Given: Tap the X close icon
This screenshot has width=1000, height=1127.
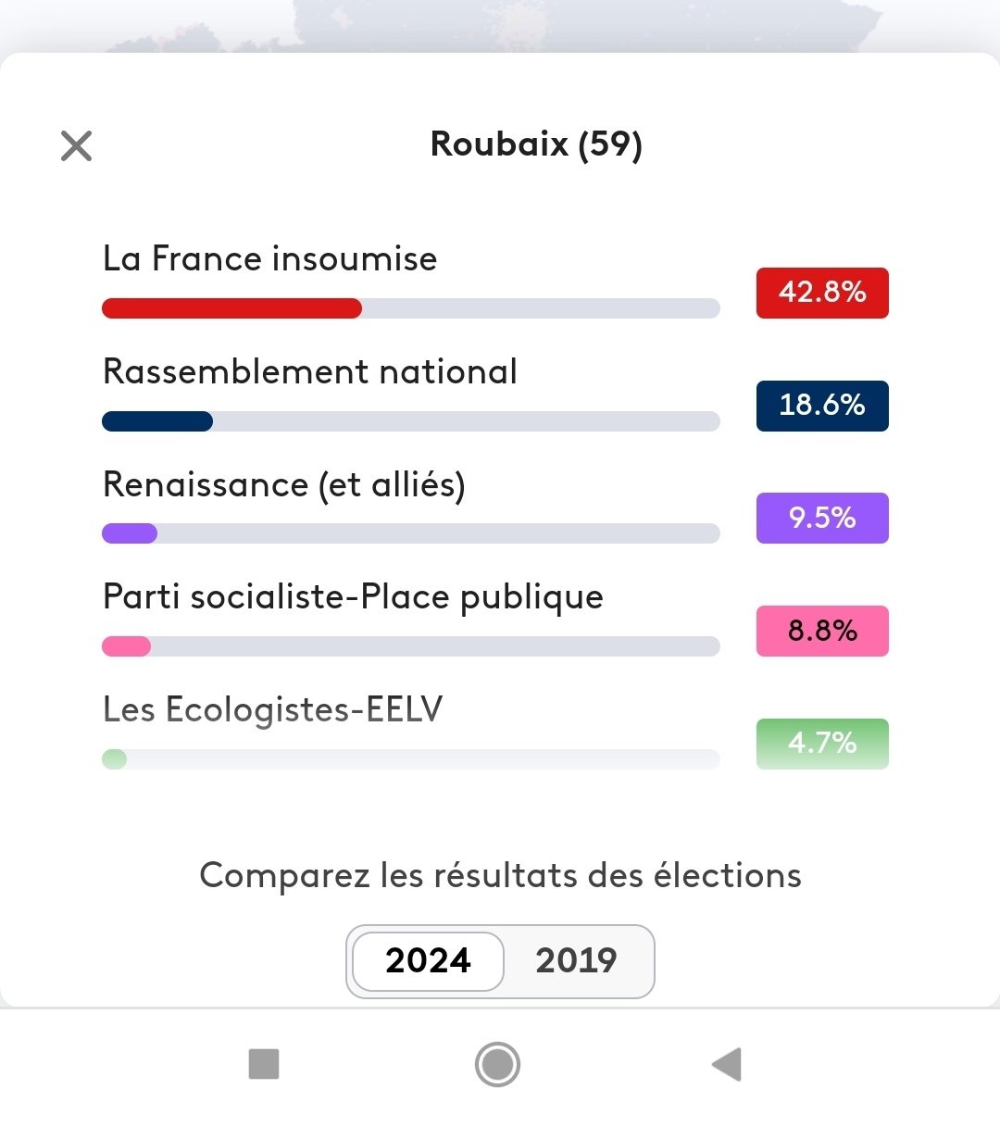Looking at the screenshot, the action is click(76, 145).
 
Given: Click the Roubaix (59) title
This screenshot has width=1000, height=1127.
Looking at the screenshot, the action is click(536, 145).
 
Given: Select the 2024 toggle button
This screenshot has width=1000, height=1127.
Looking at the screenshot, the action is click(428, 960).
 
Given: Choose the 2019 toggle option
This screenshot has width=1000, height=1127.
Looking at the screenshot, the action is click(576, 960).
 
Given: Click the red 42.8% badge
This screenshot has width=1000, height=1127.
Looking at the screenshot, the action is click(822, 293).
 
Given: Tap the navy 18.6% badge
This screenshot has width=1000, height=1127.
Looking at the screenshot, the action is click(822, 406).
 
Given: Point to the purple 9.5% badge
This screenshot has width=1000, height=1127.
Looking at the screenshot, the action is click(822, 518).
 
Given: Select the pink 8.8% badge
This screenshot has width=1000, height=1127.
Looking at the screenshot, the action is click(822, 631).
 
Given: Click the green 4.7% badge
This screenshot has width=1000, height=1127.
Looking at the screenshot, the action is click(822, 744).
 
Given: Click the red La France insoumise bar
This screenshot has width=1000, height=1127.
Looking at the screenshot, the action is click(231, 308).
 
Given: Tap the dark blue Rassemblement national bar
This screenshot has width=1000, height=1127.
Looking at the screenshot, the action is click(157, 421).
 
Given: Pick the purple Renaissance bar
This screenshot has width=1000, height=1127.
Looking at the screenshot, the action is click(130, 533).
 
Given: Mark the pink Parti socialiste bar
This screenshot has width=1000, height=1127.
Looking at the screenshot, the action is click(126, 646).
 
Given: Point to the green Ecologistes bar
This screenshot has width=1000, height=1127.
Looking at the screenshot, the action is click(115, 759).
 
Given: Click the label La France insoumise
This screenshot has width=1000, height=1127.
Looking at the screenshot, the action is click(269, 258).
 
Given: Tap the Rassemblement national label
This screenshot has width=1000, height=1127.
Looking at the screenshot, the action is click(310, 371).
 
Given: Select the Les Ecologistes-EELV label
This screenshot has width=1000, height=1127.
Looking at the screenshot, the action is click(273, 709).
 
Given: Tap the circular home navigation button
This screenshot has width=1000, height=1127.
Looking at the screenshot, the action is click(497, 1064).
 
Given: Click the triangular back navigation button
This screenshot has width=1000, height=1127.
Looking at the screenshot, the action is click(727, 1064).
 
